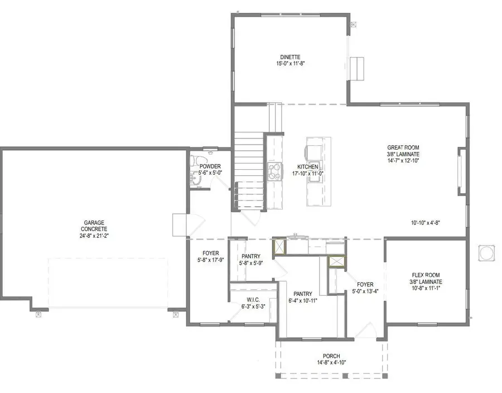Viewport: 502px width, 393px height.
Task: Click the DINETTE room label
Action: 290,57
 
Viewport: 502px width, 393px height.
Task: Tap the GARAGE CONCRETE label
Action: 94,226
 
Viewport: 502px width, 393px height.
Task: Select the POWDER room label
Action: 210,166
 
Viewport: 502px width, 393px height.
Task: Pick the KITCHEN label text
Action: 308,166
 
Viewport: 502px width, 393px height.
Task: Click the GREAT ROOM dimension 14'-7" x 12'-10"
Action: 403,161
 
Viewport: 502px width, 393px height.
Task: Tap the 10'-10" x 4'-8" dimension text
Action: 426,223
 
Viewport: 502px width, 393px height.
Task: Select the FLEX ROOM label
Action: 426,275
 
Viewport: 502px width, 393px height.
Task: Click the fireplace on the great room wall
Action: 462,171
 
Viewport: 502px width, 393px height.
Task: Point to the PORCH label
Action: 331,356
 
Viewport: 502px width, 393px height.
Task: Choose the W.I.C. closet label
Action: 253,300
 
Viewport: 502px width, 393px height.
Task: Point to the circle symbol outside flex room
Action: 486,253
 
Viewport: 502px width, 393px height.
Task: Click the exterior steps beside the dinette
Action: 356,68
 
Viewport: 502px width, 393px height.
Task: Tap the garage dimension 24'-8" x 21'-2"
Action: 94,236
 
